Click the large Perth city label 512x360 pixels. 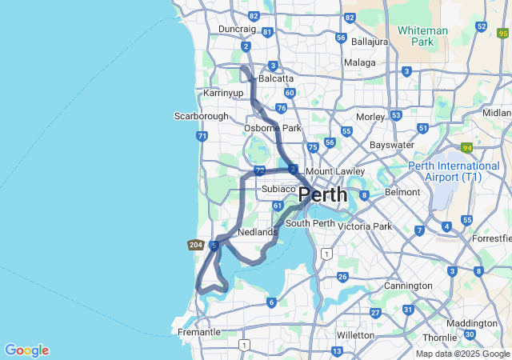[323, 194]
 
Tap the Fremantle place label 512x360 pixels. [199, 332]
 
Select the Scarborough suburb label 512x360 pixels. [202, 116]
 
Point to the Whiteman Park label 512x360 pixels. [423, 36]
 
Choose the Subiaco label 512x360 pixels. [279, 189]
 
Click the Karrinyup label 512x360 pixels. [223, 94]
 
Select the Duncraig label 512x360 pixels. [237, 29]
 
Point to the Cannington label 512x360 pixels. [408, 286]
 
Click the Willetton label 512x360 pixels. [355, 334]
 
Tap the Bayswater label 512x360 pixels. [392, 146]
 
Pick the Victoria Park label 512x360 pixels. [365, 226]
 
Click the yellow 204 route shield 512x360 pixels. [196, 245]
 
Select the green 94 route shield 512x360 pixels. [467, 147]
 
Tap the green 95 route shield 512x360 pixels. [502, 34]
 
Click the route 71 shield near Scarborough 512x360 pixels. [202, 136]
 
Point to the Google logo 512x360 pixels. [26, 350]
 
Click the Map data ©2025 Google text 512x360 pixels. [462, 354]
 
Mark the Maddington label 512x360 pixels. [471, 323]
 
